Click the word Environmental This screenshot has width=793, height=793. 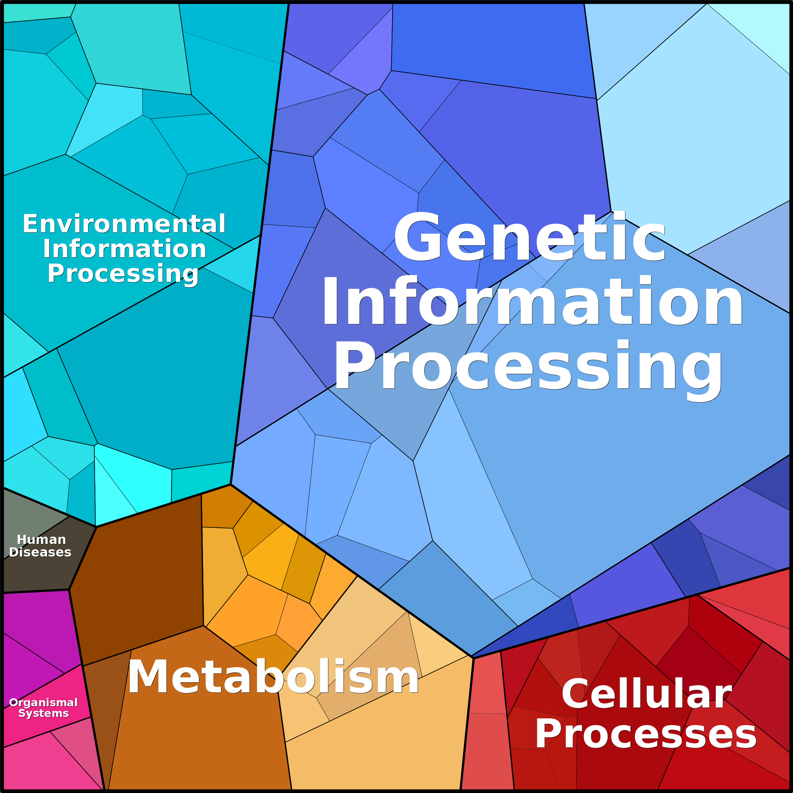(x=124, y=224)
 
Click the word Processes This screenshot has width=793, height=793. (x=646, y=735)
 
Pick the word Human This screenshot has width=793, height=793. (x=41, y=539)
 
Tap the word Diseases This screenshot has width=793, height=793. (x=40, y=552)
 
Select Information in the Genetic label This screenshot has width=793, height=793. (x=532, y=302)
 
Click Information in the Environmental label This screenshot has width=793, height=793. (x=124, y=249)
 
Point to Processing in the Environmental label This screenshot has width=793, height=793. (x=123, y=274)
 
